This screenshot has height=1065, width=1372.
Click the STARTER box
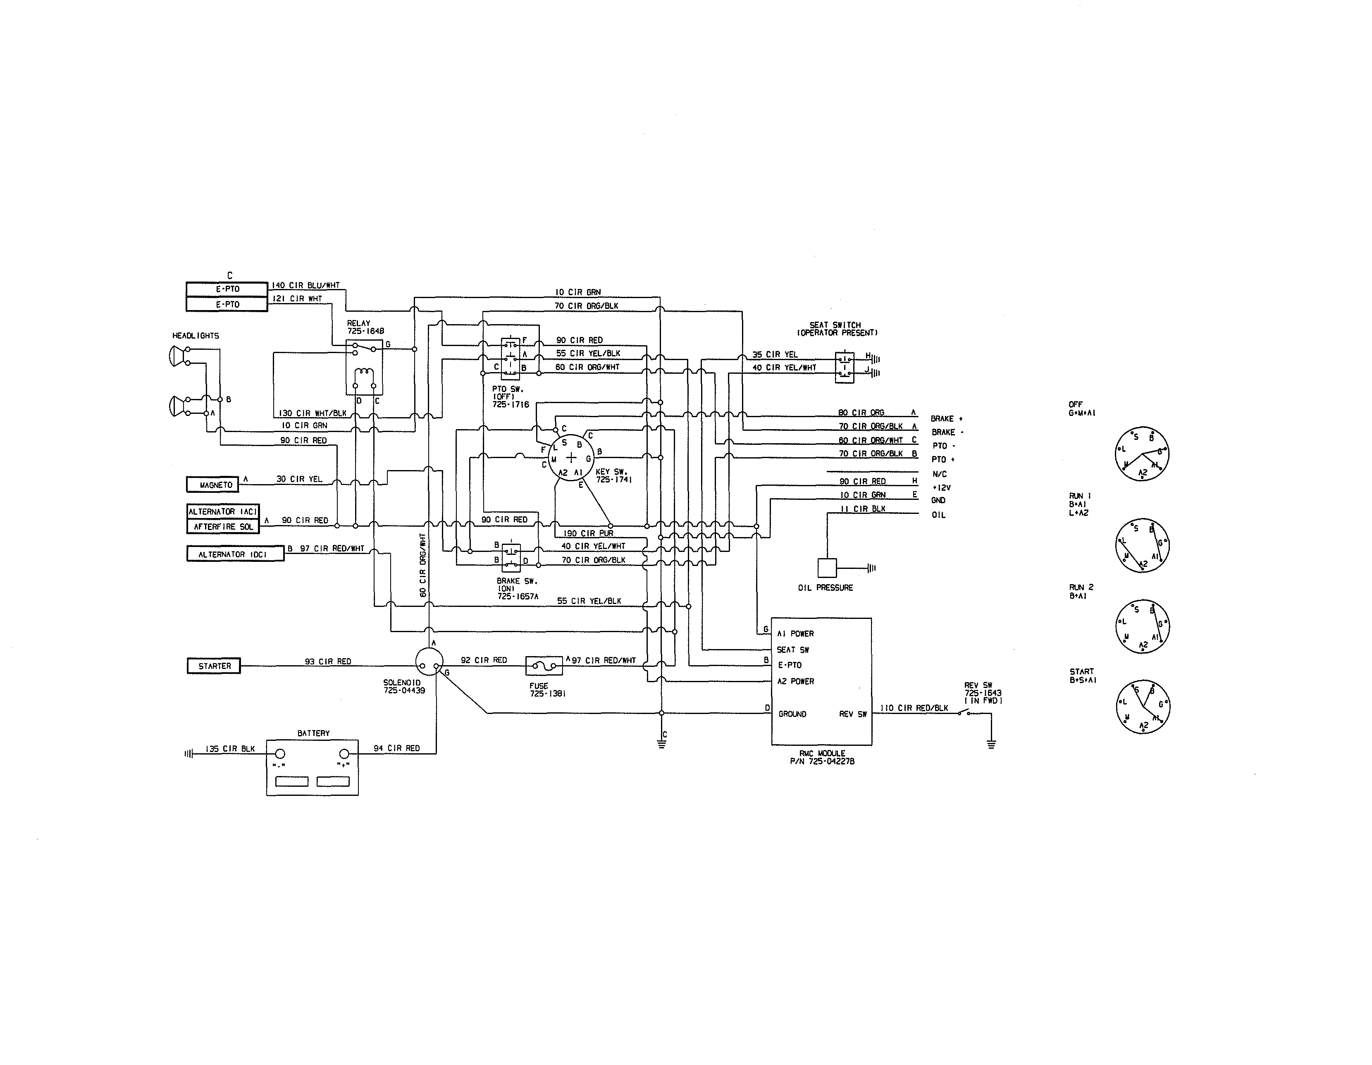pos(214,666)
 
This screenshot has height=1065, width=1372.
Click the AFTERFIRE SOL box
pos(223,527)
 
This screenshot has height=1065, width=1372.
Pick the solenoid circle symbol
pos(429,661)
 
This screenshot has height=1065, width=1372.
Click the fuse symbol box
pos(544,665)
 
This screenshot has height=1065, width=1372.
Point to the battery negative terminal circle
pos(280,754)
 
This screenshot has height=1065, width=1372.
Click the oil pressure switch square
pos(827,568)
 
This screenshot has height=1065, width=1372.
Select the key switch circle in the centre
pos(571,457)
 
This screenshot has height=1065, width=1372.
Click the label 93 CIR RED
pos(328,661)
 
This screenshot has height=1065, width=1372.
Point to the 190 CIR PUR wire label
pos(588,533)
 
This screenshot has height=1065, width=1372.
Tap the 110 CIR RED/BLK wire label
pos(914,708)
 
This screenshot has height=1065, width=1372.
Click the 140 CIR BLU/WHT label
pos(306,285)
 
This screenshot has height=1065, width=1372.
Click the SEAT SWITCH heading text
pos(835,325)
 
